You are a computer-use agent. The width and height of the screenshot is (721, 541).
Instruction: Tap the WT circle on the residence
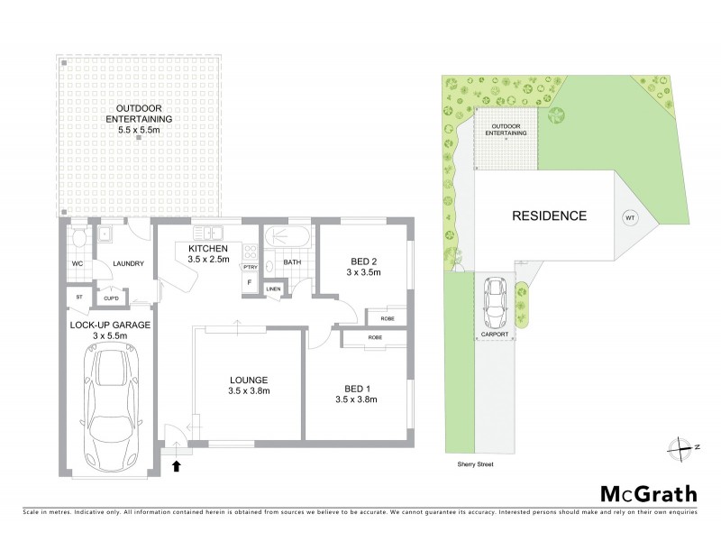(x=629, y=216)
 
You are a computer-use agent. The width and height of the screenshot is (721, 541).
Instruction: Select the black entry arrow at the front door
(x=177, y=465)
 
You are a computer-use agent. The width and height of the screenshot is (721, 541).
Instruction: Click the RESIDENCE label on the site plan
(x=549, y=216)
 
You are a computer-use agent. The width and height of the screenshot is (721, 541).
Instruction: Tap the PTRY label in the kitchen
(x=251, y=267)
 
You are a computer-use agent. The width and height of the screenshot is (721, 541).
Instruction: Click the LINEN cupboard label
(x=274, y=289)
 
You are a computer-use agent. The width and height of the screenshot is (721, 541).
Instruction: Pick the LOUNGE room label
(x=248, y=379)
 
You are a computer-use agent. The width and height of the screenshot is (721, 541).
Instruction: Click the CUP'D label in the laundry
(x=114, y=297)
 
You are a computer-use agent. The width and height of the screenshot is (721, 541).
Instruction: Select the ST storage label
(x=78, y=295)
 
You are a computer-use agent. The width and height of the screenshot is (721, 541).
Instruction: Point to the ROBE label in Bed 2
(x=387, y=318)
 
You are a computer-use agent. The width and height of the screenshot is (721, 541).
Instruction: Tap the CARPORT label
(x=495, y=335)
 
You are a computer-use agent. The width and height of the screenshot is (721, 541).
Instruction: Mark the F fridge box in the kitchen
(x=249, y=282)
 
